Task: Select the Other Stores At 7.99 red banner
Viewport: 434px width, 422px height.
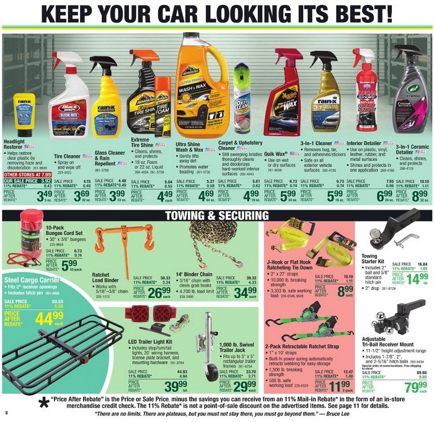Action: [x=27, y=174]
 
